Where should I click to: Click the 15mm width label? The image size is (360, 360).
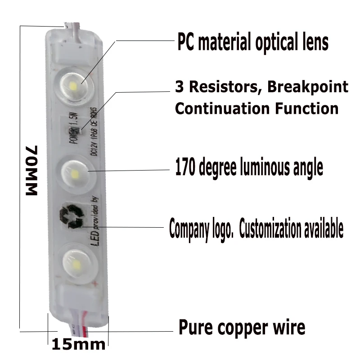78,344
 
